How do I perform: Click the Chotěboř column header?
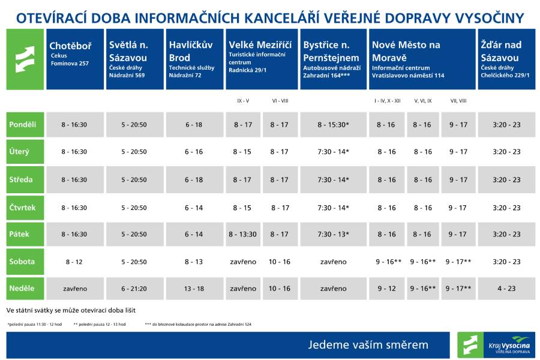(x=74, y=59)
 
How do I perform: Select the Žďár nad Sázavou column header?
(x=506, y=59)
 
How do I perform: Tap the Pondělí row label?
(x=25, y=125)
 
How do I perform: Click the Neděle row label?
(x=25, y=289)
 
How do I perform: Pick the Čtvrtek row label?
(x=25, y=207)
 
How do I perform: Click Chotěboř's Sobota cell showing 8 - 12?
(x=74, y=262)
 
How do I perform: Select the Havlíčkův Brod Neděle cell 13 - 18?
(x=194, y=289)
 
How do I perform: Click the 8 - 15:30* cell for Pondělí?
(x=333, y=125)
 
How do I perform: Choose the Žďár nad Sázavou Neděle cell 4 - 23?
(x=506, y=289)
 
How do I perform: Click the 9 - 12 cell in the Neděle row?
(x=386, y=289)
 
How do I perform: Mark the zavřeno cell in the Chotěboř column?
(x=74, y=289)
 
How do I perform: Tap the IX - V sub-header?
(x=244, y=101)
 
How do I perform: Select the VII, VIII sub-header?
(x=458, y=101)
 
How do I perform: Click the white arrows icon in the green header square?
(x=25, y=59)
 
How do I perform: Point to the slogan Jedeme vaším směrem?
(x=368, y=345)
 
